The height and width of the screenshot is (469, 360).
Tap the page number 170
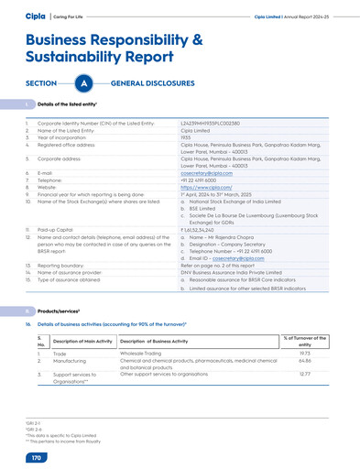point(37,456)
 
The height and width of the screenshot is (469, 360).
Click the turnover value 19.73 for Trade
point(305,352)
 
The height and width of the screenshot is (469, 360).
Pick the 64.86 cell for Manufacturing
point(305,360)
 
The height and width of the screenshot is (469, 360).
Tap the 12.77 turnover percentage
point(305,373)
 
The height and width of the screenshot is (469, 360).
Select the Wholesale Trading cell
point(146,352)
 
